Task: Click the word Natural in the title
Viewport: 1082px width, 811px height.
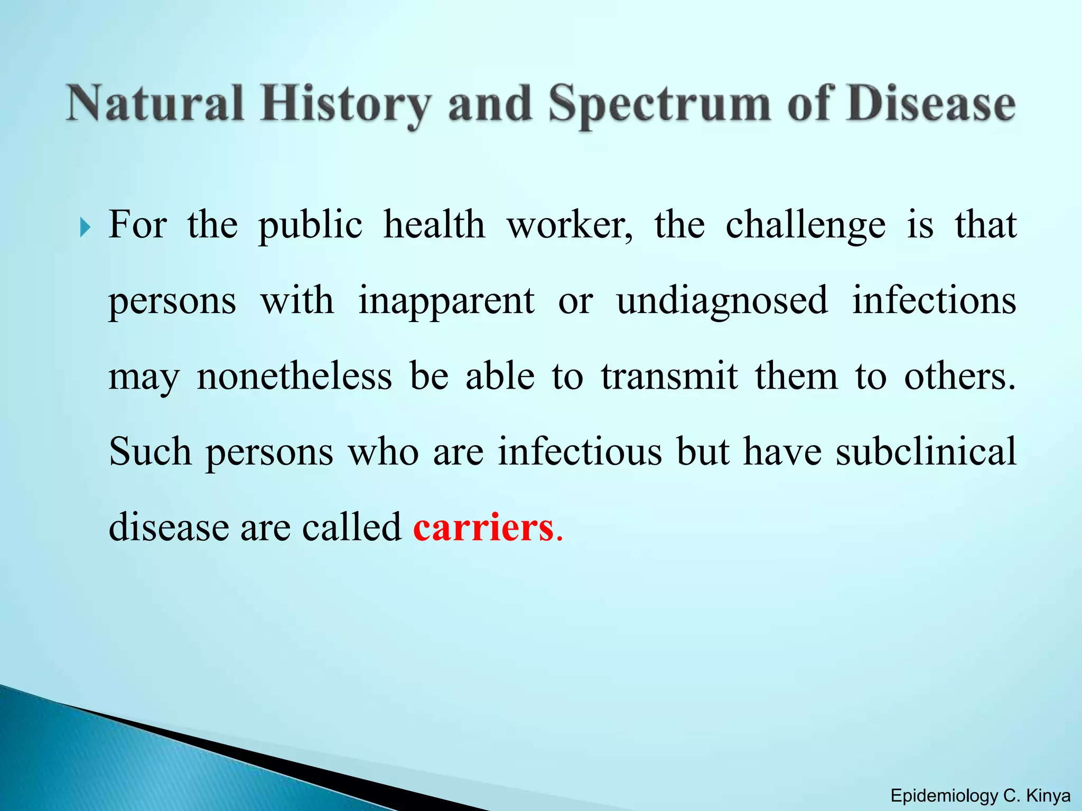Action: (x=155, y=103)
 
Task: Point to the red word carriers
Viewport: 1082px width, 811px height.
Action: (x=483, y=527)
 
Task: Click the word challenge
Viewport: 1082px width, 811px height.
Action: (x=805, y=225)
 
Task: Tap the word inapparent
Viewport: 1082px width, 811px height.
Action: (x=446, y=301)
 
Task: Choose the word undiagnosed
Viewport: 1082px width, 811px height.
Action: (x=722, y=301)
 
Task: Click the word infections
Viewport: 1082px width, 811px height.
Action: (x=934, y=301)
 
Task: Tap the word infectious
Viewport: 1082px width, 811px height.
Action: (x=580, y=452)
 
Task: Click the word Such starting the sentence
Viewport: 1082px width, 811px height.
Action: (x=150, y=452)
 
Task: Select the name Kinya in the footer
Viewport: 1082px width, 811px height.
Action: (x=1048, y=796)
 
